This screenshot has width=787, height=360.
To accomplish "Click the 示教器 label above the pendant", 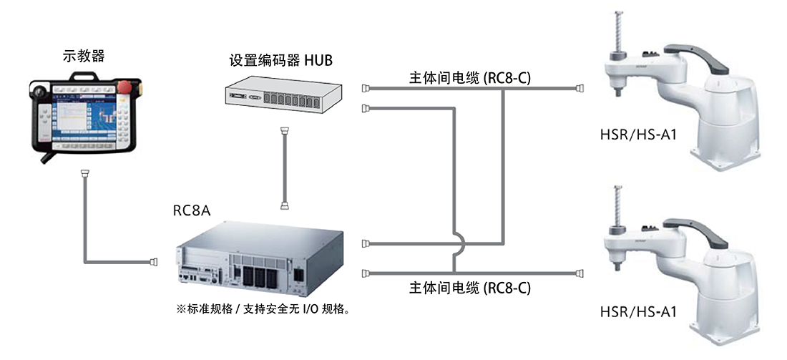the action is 84,57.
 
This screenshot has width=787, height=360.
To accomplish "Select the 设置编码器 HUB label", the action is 280,61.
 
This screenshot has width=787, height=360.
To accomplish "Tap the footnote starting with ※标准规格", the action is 263,308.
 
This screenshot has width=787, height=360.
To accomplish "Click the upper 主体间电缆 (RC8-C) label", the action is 470,78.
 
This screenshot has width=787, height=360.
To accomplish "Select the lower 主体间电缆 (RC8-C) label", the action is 470,288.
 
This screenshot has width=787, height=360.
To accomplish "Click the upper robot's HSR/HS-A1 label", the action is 638,135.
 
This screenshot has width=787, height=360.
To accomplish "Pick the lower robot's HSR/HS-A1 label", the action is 638,311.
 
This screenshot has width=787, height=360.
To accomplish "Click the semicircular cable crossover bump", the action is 461,244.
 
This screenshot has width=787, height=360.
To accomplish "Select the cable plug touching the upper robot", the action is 580,88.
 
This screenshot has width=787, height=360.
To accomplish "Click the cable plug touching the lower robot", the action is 580,273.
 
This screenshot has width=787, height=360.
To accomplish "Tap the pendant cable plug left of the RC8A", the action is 152,261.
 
